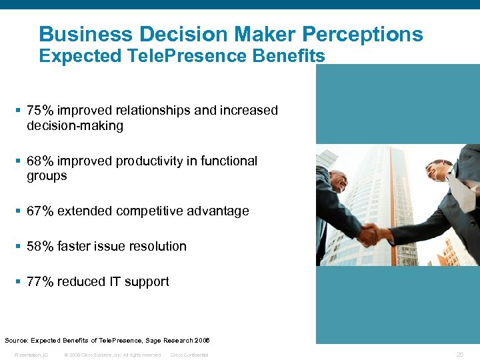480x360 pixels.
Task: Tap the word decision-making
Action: [x=75, y=126]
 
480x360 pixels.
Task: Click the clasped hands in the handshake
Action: [x=371, y=234]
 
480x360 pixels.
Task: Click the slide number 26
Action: [x=460, y=355]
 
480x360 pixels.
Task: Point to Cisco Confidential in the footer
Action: [x=189, y=355]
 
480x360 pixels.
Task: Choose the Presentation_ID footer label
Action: [x=31, y=355]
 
